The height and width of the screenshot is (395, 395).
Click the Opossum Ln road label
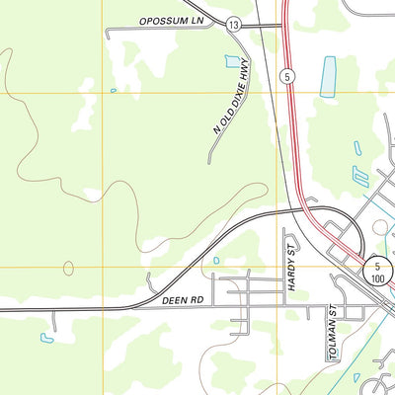pyautogui.click(x=170, y=20)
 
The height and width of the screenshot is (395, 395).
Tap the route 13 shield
pyautogui.click(x=232, y=24)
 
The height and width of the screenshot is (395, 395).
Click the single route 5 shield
pyautogui.click(x=286, y=75)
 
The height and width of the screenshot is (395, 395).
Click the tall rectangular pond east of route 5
pyautogui.click(x=328, y=76)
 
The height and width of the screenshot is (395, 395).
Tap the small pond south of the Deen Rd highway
pyautogui.click(x=46, y=338)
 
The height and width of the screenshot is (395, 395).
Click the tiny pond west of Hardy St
pyautogui.click(x=215, y=261)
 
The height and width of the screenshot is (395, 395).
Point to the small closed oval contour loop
pyautogui.click(x=68, y=268)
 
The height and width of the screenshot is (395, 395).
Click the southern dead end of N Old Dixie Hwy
pyautogui.click(x=209, y=162)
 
